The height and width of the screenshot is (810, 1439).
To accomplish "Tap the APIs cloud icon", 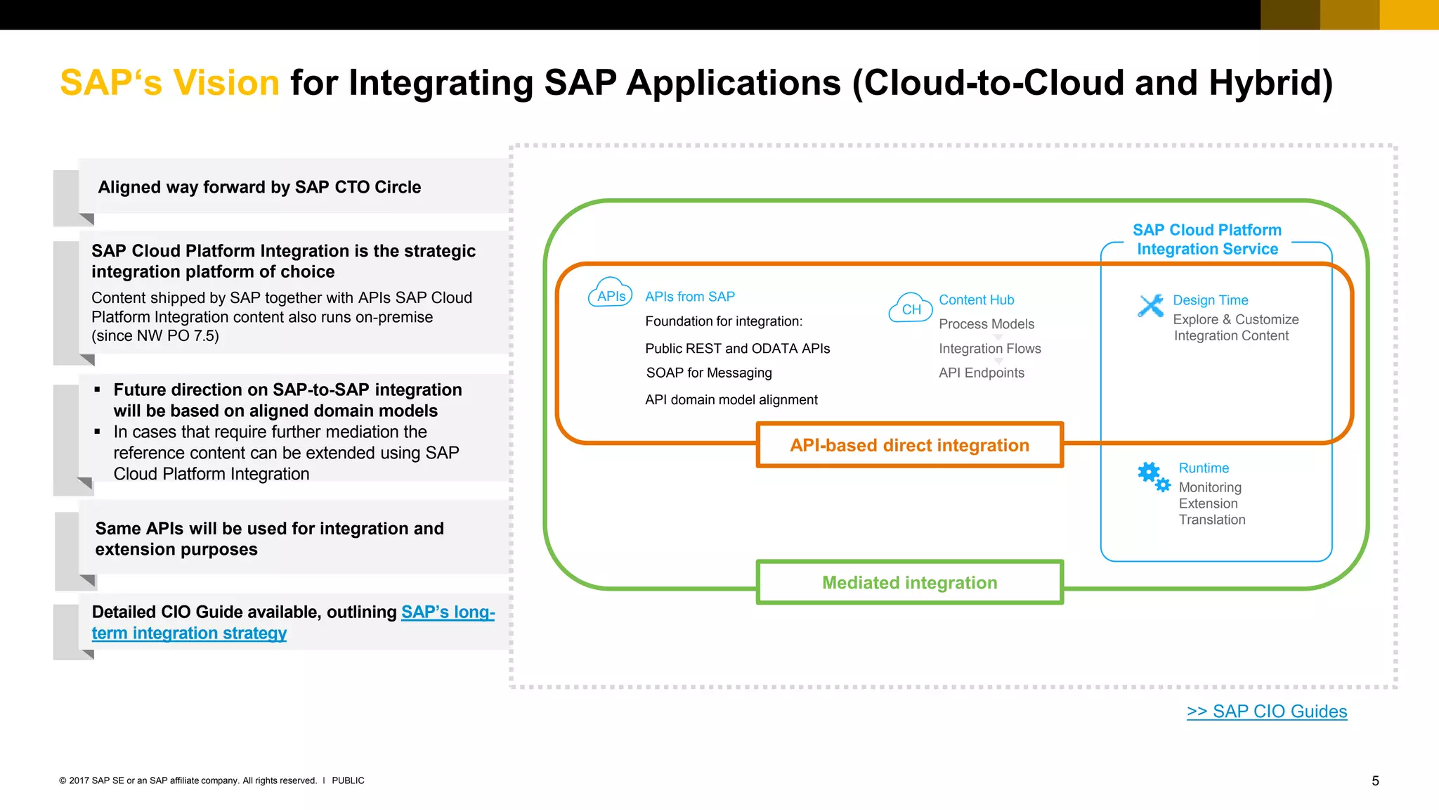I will coord(610,293).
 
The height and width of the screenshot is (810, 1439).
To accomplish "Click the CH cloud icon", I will coord(911,309).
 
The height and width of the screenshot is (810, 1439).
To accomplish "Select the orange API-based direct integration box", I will coord(909,445).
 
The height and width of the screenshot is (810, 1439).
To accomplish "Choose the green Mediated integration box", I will coord(909,583).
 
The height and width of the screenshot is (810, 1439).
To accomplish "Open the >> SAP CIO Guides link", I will coord(1266,712).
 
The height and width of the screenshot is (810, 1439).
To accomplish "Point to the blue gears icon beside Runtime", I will coord(1153,476).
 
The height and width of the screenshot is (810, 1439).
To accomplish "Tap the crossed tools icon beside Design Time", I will coord(1151,306).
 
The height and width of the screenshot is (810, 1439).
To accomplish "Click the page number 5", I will coord(1375,781).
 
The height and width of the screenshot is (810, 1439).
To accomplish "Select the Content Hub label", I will coord(976,300).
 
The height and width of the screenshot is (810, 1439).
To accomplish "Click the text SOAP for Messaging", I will coord(708,373).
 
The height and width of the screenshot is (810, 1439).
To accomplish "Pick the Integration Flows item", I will coord(989,349).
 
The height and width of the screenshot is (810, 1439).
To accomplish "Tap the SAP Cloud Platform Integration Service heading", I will coord(1206,240).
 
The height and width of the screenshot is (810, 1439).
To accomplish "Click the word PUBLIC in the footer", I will coord(348,780).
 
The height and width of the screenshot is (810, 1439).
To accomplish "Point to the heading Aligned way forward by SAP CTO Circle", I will coord(259,188).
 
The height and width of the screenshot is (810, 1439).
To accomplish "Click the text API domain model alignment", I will coord(731,400).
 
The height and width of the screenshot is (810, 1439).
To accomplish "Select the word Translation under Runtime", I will coord(1211,520).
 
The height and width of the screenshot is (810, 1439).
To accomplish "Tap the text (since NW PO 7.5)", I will coord(155,336).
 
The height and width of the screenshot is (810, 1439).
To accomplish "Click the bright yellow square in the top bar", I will coord(1409,15).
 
